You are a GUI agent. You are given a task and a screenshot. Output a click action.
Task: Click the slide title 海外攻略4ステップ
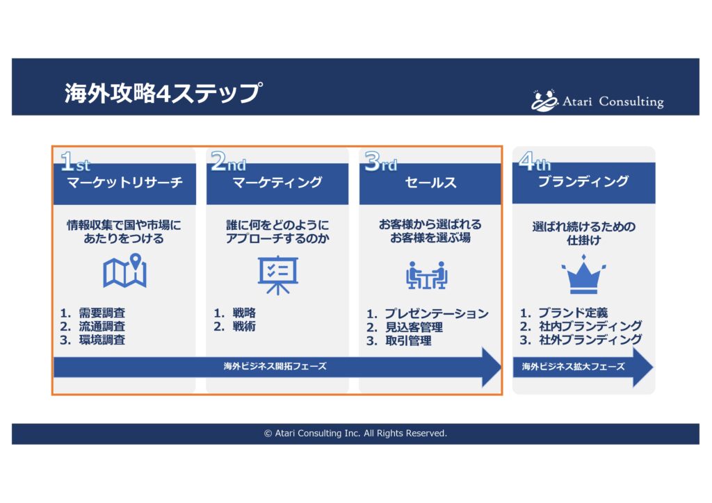coord(163,93)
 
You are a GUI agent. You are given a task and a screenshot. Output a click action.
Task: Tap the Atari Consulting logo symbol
coord(544,100)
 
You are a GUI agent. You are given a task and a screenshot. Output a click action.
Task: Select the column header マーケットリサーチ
coord(125,183)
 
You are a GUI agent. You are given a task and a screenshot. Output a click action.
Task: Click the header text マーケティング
coord(277,183)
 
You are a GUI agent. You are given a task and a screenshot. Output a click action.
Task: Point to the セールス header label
coord(430,183)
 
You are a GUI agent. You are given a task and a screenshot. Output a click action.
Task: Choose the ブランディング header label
coord(583,181)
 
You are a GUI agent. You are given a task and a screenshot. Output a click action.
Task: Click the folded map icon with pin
coord(125,271)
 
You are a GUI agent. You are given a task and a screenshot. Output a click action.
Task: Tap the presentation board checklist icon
coord(278,275)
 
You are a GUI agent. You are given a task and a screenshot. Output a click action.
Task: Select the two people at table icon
coord(427,275)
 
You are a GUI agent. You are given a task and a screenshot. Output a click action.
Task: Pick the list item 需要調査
coord(102,313)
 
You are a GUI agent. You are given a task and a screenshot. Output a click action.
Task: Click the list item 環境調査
coord(102,340)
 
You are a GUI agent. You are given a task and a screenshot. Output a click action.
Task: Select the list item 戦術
coord(244,326)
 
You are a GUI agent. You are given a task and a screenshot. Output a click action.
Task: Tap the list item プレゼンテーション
coord(437,313)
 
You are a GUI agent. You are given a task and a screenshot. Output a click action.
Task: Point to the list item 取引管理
coord(408,340)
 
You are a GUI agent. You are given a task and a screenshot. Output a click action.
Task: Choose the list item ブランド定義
coord(573,313)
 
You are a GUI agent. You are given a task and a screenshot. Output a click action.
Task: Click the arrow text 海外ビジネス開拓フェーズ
coord(275,366)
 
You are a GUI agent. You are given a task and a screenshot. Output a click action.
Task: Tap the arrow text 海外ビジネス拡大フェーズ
coord(574,366)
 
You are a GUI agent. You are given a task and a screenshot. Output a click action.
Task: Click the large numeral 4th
coord(535,161)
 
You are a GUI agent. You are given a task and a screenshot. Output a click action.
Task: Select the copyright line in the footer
coord(355,434)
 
